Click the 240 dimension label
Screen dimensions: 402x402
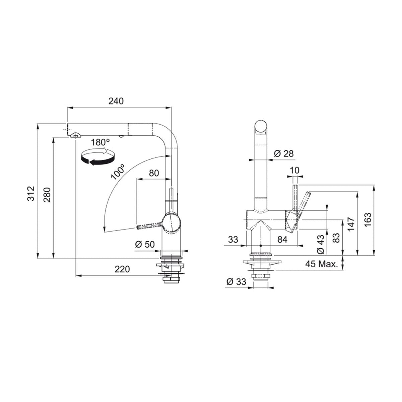point(116,101)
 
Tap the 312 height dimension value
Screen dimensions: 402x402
point(31,194)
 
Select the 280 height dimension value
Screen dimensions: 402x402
point(47,195)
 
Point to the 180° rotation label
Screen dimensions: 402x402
point(100,142)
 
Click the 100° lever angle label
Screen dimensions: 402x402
point(118,172)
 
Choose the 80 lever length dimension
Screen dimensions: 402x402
point(154,173)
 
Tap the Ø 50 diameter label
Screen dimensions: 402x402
point(145,244)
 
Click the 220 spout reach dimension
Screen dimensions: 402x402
point(122,269)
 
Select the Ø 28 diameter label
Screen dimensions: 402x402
point(284,154)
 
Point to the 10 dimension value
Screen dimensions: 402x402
point(294,170)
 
